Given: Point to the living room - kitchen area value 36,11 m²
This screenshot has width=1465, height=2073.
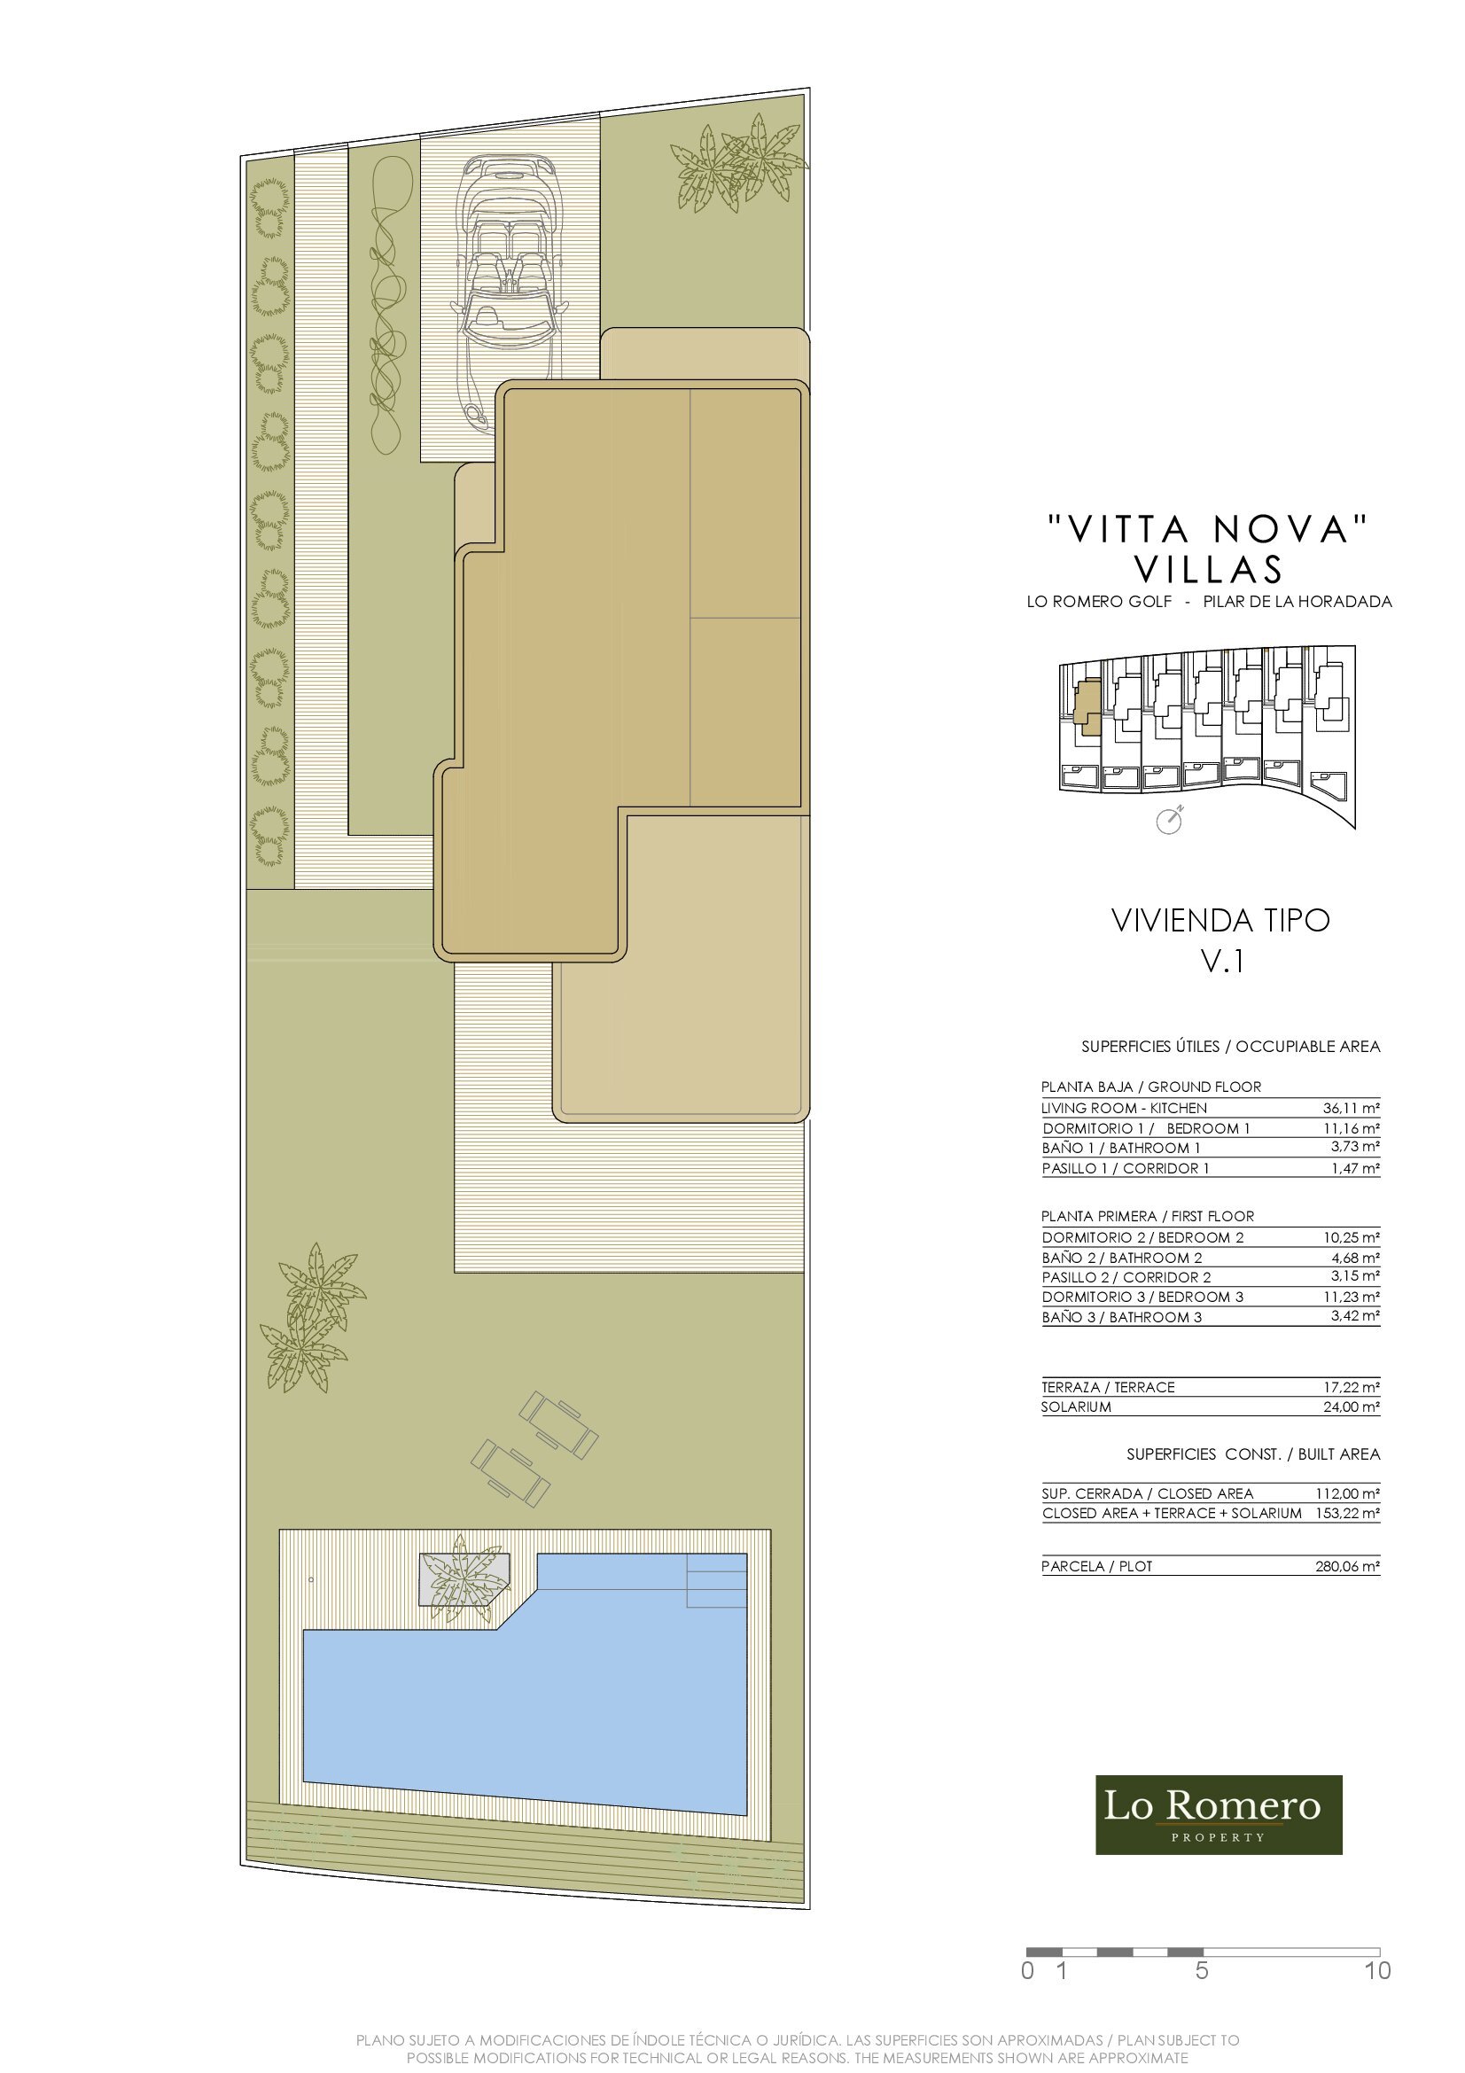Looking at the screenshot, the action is tap(1352, 1108).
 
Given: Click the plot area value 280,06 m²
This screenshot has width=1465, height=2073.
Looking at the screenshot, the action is tap(1348, 1566).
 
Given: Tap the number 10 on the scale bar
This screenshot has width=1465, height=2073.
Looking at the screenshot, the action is tap(1377, 1971).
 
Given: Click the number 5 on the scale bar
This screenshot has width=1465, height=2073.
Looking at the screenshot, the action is tap(1202, 1971).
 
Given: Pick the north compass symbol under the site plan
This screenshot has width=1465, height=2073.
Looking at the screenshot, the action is tap(1170, 820).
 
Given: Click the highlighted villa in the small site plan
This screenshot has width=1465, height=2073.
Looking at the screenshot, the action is tap(1088, 710).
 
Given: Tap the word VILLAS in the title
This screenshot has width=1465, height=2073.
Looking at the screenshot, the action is tap(1208, 569).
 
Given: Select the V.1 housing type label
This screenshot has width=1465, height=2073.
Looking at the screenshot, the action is tap(1222, 962).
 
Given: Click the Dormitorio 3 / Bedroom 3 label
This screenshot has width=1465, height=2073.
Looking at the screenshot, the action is tap(1142, 1297).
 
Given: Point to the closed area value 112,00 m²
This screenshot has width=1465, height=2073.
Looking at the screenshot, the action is tap(1348, 1494).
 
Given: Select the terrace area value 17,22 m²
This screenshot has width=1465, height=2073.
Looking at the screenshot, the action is tap(1352, 1387).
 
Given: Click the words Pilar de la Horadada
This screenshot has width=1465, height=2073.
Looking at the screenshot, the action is tap(1297, 601).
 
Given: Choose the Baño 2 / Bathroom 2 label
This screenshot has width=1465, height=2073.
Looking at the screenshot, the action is tap(1121, 1258).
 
